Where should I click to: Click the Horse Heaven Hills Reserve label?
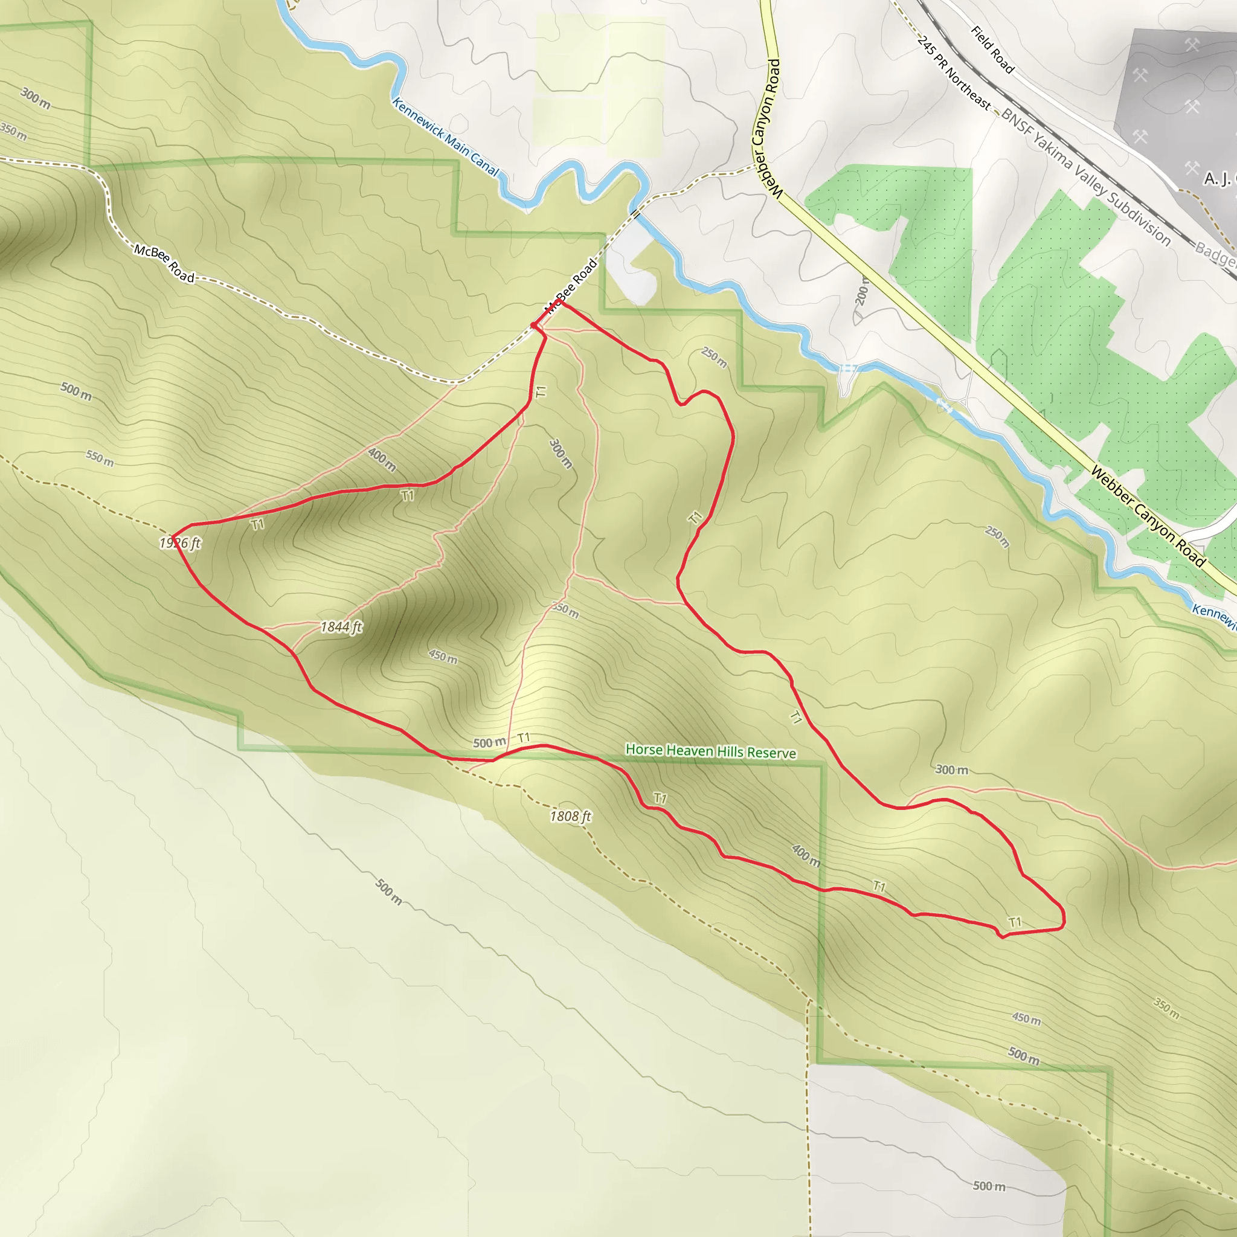tap(711, 751)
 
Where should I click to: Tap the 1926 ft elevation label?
tap(180, 544)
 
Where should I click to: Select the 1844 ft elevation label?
tap(341, 627)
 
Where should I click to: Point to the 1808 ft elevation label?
tap(570, 817)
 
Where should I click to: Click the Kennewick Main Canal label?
tap(445, 137)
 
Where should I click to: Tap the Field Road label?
tap(992, 50)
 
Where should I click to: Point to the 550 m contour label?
tap(100, 458)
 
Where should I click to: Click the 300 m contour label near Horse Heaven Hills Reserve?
tap(951, 770)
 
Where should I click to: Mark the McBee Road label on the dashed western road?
tap(164, 263)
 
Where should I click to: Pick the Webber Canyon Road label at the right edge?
tap(1148, 516)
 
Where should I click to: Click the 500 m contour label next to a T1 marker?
tap(489, 743)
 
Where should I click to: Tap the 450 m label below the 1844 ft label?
tap(443, 657)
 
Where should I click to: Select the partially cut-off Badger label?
tap(1215, 254)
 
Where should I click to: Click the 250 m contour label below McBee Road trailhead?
tap(714, 358)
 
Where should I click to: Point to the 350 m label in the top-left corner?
tap(13, 132)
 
